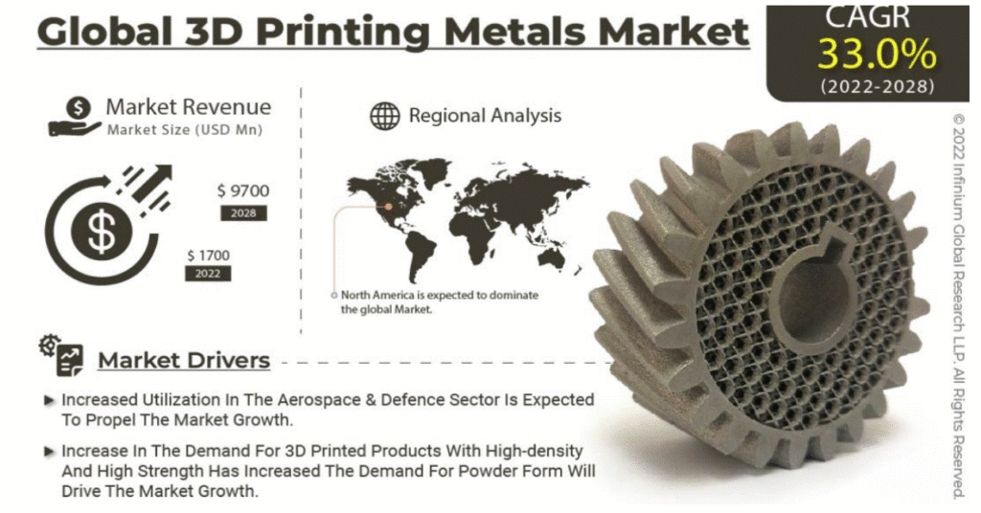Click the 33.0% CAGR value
tap(877, 55)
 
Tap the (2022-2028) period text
tap(878, 86)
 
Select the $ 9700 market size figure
tap(243, 190)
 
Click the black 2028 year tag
tap(243, 213)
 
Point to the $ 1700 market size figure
tap(208, 256)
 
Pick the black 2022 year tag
tap(208, 274)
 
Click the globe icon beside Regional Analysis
tap(385, 116)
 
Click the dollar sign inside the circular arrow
tap(102, 232)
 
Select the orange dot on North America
tap(389, 206)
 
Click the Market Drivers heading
tap(184, 361)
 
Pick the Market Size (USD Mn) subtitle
tap(185, 130)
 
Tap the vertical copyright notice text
tap(958, 305)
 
